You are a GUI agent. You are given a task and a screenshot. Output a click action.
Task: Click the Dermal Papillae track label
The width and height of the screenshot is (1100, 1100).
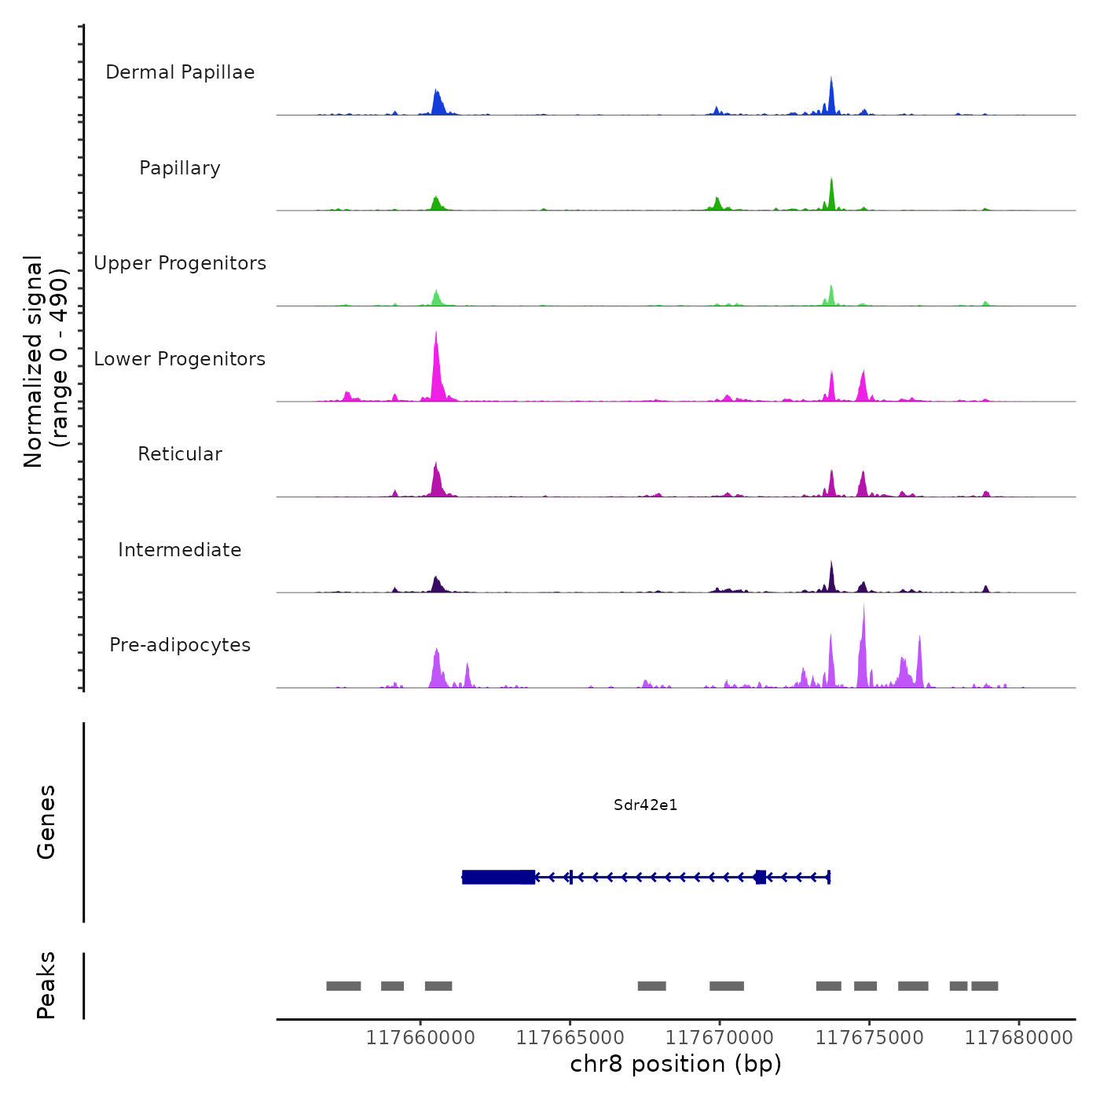coord(180,72)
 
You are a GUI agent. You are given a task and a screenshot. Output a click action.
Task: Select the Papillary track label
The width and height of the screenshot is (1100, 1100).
coord(180,168)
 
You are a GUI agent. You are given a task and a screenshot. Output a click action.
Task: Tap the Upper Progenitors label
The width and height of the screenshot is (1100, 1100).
coord(180,263)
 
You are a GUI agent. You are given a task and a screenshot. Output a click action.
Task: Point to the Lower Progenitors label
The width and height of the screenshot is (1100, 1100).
coord(180,359)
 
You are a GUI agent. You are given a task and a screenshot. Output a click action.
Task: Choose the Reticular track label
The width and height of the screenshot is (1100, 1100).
coord(180,454)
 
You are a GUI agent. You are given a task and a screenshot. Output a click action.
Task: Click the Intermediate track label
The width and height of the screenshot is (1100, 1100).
coord(180,550)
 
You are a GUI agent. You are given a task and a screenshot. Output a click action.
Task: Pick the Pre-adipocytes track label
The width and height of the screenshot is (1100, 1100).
coord(180,645)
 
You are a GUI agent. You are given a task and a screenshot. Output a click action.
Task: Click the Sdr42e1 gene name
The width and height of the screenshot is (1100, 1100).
coord(645,805)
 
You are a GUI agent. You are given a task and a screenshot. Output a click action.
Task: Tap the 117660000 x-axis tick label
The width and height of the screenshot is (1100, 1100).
coord(420,1038)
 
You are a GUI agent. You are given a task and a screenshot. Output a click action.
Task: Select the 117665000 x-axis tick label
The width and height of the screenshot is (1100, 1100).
coord(570,1038)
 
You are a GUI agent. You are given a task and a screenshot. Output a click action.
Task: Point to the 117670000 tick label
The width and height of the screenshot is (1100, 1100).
coord(720,1038)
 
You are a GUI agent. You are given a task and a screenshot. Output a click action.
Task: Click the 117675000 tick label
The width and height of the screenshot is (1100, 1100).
coord(870,1038)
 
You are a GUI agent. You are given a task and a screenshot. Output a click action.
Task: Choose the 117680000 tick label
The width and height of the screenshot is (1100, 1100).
coord(1019,1038)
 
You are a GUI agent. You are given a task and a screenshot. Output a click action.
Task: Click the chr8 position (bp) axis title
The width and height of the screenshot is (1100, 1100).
coord(676,1064)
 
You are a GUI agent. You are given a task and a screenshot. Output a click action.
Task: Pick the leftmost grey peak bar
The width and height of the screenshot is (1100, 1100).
coord(343,986)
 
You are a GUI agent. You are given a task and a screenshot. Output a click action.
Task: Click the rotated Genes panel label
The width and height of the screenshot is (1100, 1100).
coord(46,822)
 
